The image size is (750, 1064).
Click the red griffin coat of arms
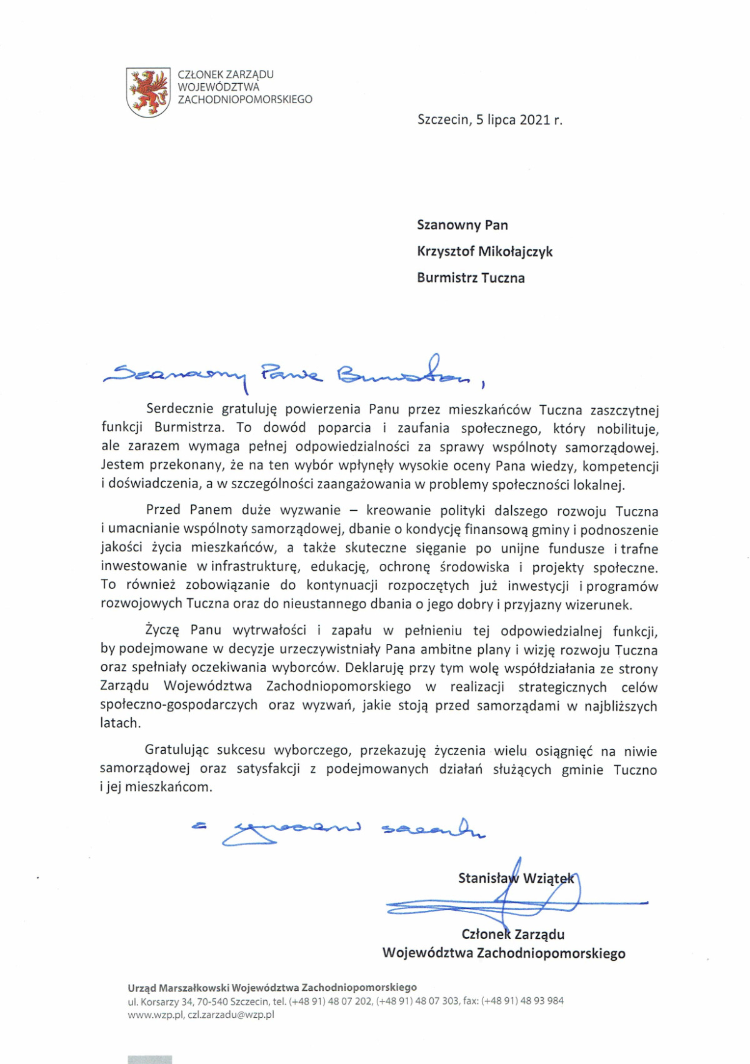(148, 92)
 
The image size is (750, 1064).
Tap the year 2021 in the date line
(534, 120)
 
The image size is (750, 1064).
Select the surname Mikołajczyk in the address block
(516, 251)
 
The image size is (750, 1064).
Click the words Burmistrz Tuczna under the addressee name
(471, 278)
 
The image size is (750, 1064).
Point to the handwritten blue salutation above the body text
(294, 373)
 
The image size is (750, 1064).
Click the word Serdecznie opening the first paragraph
(181, 409)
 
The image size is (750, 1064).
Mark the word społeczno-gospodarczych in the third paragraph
(179, 705)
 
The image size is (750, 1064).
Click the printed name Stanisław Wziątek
(516, 878)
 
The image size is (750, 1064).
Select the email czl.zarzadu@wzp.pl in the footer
(231, 1015)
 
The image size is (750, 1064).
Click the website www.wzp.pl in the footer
(155, 1015)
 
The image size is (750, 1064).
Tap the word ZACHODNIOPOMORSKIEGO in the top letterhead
(245, 99)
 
